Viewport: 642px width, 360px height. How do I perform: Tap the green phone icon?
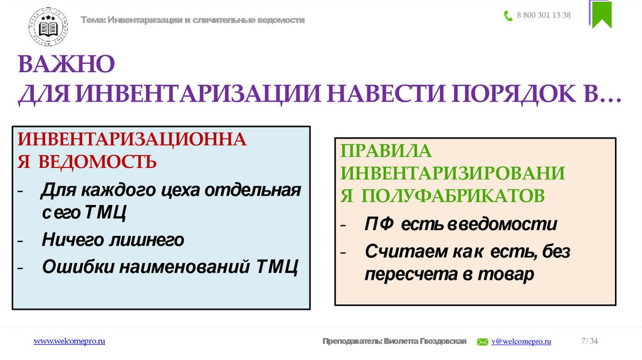point(508,16)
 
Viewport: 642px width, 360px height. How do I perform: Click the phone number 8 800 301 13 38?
point(544,16)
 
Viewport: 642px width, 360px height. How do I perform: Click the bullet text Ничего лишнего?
point(113,240)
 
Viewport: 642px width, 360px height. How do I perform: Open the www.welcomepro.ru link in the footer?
point(69,341)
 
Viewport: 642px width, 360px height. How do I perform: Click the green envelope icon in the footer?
point(483,342)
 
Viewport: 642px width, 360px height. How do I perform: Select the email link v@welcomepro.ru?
point(521,341)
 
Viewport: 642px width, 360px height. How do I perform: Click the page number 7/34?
point(589,341)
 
